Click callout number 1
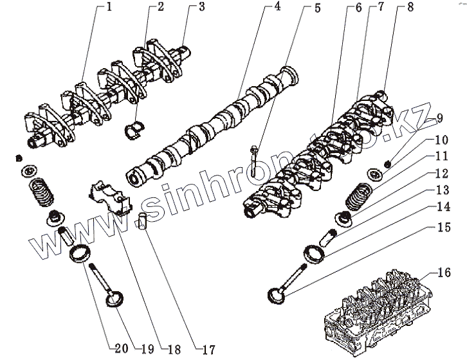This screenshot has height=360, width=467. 109,8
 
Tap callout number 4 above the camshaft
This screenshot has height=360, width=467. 277,8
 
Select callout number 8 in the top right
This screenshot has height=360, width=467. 392,8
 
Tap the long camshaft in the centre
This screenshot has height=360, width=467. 212,122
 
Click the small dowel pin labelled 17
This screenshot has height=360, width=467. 144,221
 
